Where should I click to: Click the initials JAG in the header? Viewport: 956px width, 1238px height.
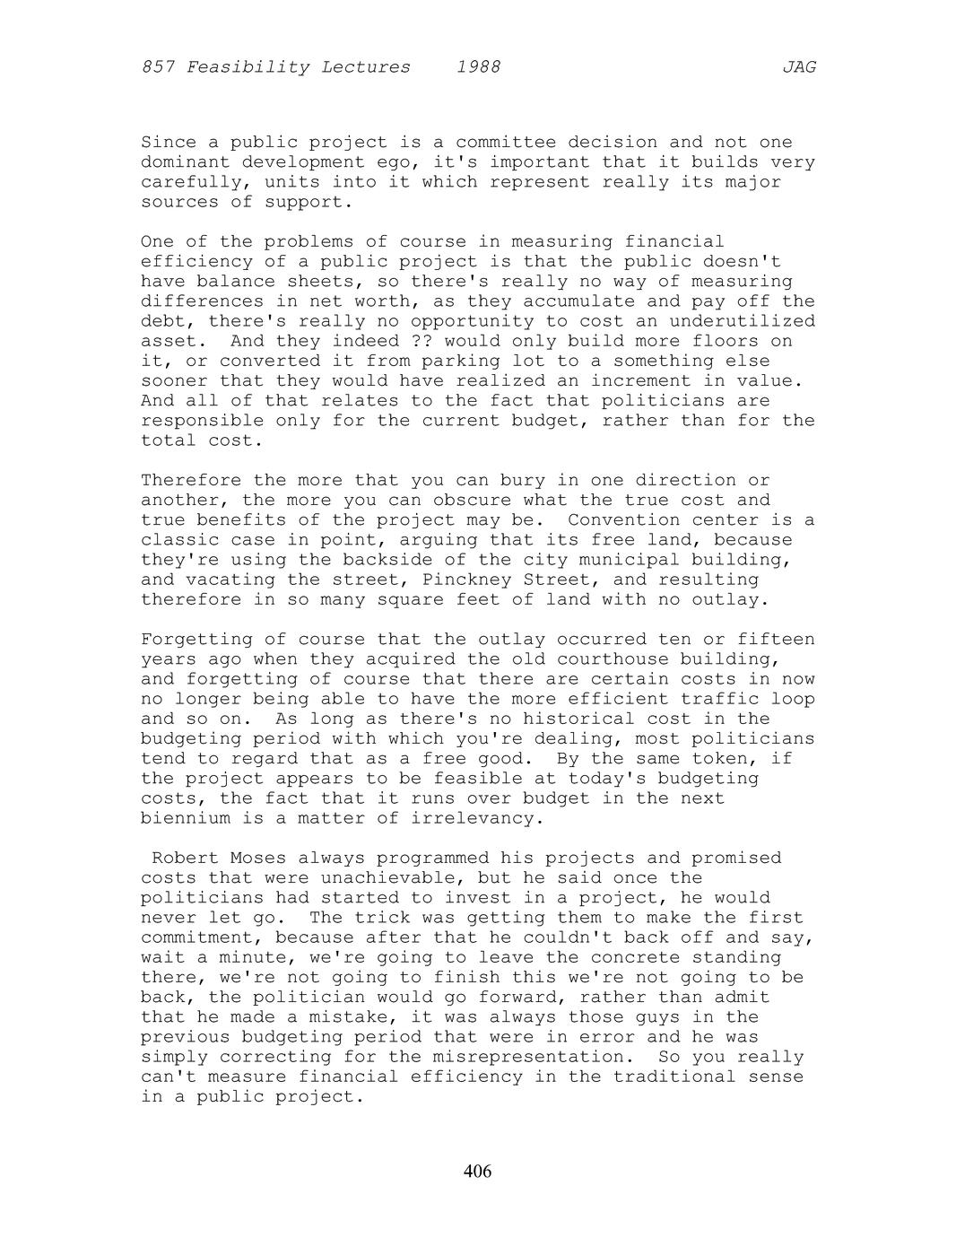(799, 67)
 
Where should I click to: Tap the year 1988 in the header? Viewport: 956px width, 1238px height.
(478, 67)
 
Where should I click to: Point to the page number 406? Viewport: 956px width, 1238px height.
(478, 1172)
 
